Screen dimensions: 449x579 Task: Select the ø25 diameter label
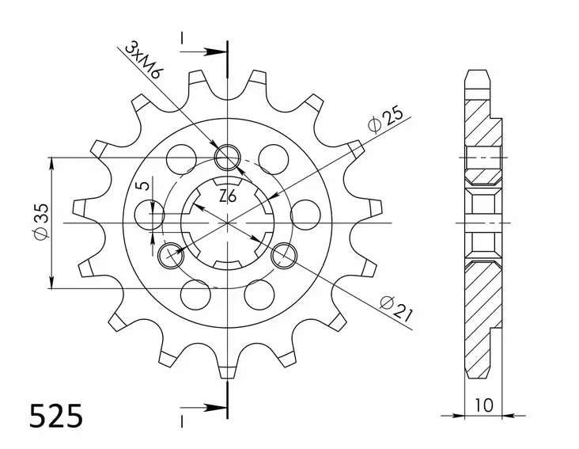[385, 120]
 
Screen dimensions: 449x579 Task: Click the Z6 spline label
[227, 195]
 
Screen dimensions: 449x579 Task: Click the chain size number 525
[55, 416]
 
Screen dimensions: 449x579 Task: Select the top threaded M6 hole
[228, 155]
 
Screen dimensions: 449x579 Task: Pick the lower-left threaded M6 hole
[169, 255]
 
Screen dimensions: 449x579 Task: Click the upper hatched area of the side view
[482, 123]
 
